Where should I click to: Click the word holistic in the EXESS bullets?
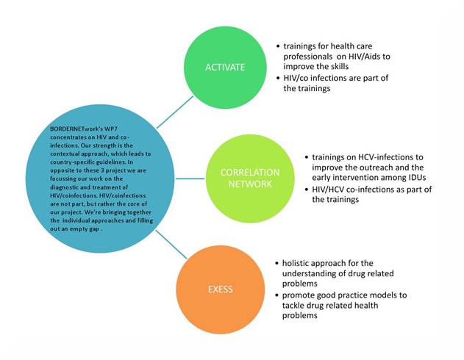[x=299, y=263]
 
